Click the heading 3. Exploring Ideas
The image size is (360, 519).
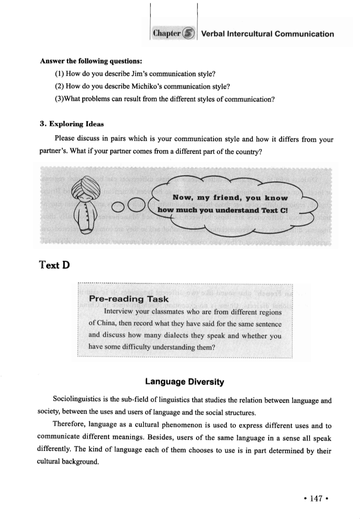click(71, 125)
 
